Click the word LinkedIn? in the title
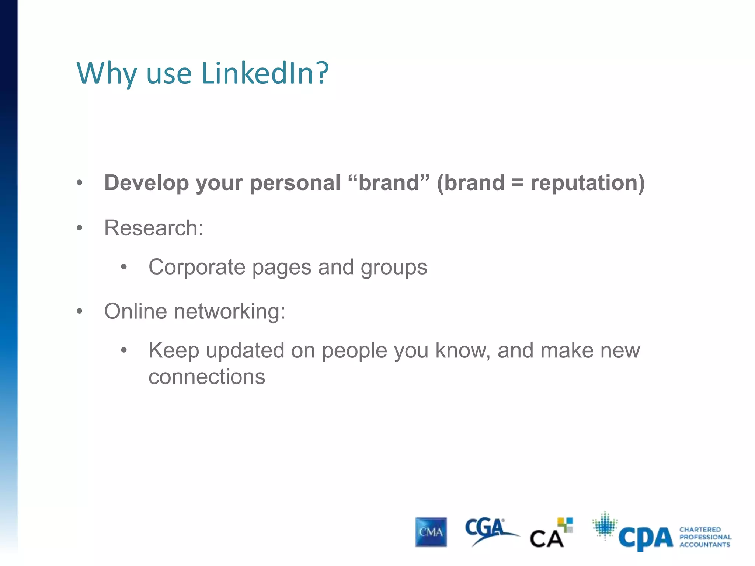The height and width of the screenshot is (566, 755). pos(265,73)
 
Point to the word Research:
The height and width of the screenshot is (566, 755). pos(154,228)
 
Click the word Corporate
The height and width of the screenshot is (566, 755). pos(197,267)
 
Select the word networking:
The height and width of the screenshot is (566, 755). pos(229,311)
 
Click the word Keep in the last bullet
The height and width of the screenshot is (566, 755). pos(174,350)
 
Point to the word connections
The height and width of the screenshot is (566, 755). pos(207,377)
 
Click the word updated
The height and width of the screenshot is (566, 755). pos(245,350)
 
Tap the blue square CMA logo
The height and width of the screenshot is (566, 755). pos(431,532)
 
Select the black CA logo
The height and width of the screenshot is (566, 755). pos(547,538)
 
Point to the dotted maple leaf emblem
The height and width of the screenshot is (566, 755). pos(605,525)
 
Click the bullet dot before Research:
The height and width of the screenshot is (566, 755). pos(80,228)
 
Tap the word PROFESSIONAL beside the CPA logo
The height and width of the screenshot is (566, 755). pos(705,537)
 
